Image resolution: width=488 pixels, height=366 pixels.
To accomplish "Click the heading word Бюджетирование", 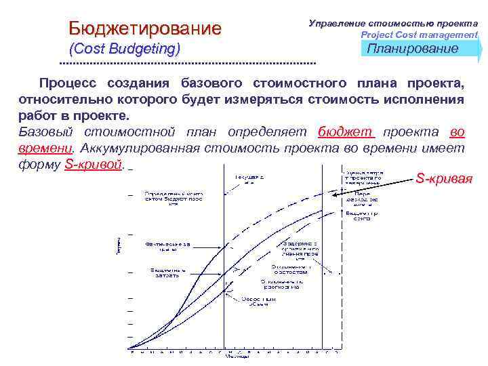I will (x=145, y=28).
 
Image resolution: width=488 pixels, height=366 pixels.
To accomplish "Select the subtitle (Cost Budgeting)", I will (x=125, y=49).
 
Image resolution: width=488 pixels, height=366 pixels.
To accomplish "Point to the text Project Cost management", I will (x=419, y=35).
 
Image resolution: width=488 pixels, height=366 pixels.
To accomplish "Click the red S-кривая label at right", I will (x=444, y=179).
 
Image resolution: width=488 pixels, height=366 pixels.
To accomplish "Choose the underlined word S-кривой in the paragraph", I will (x=94, y=165).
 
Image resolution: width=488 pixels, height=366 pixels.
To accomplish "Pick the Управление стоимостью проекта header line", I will (x=393, y=23).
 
